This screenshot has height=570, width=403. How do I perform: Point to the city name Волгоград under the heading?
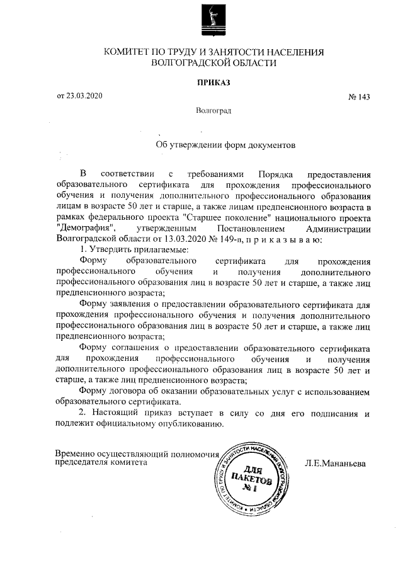tap(213, 111)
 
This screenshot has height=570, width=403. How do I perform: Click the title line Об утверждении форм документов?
tap(225, 144)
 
